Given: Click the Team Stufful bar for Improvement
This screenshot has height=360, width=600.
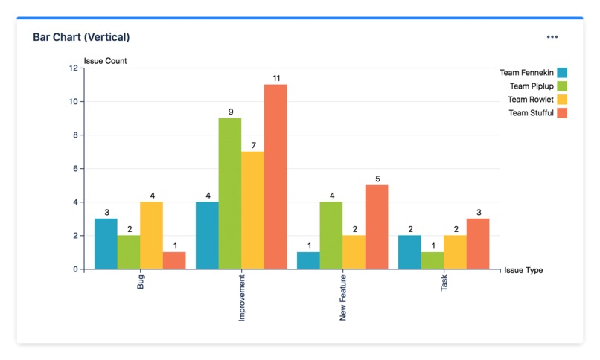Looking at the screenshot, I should pos(275,176).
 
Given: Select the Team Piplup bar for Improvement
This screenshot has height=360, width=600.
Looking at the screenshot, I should pos(229,193).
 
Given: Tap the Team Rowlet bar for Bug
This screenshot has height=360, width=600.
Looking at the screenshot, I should pos(151,235).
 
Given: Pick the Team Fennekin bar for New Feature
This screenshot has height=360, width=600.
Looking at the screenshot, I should pos(308,260).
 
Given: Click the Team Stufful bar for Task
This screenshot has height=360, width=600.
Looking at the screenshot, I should pos(478,243).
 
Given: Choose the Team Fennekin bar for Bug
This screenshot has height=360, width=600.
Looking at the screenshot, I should pos(106,243).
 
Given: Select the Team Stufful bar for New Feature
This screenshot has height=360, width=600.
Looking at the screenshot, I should pos(377,227).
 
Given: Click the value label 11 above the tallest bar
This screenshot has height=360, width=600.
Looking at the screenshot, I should pos(275,78).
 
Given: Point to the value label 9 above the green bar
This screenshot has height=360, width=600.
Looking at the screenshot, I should pos(230,112).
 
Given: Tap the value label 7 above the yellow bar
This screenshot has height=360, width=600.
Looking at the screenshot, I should pos(253,145).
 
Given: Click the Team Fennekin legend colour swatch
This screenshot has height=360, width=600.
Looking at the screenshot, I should pos(562,73).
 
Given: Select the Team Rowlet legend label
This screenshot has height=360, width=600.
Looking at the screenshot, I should pos(531,100).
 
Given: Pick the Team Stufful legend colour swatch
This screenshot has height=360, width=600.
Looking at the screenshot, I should pos(562,113).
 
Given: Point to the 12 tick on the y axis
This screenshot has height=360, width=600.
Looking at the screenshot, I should pos(73,68).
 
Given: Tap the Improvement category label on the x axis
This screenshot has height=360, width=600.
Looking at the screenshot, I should pos(242,300).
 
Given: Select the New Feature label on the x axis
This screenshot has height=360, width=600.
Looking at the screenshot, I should pos(343,300).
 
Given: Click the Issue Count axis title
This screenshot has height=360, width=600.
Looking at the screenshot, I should pos(105,61).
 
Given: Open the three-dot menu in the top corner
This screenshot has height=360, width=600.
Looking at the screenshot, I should pos(552,36).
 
